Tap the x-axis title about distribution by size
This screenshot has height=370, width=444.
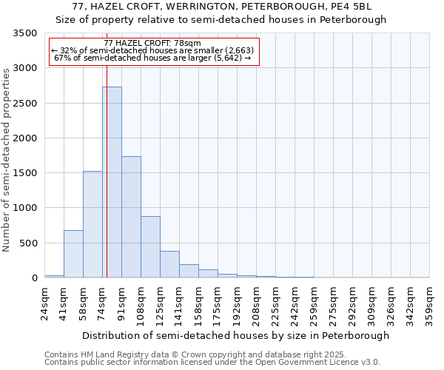[235, 335]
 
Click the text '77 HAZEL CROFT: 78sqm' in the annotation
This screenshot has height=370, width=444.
[152, 44]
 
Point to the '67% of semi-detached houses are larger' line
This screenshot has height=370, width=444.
[153, 58]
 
